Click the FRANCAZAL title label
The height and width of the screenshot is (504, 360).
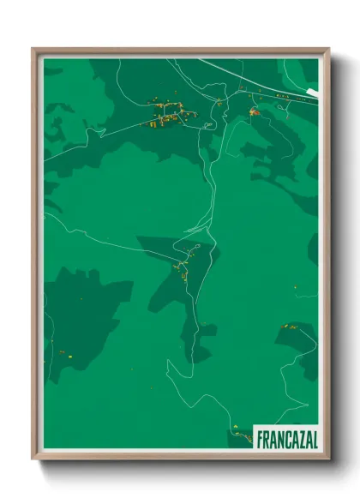click(286, 439)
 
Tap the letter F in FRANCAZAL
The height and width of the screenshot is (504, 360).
click(260, 439)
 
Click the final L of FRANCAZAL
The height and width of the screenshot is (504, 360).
click(314, 439)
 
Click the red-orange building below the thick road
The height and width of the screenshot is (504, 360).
click(253, 112)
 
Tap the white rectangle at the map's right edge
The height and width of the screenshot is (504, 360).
click(313, 91)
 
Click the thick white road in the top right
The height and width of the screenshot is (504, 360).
click(257, 77)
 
